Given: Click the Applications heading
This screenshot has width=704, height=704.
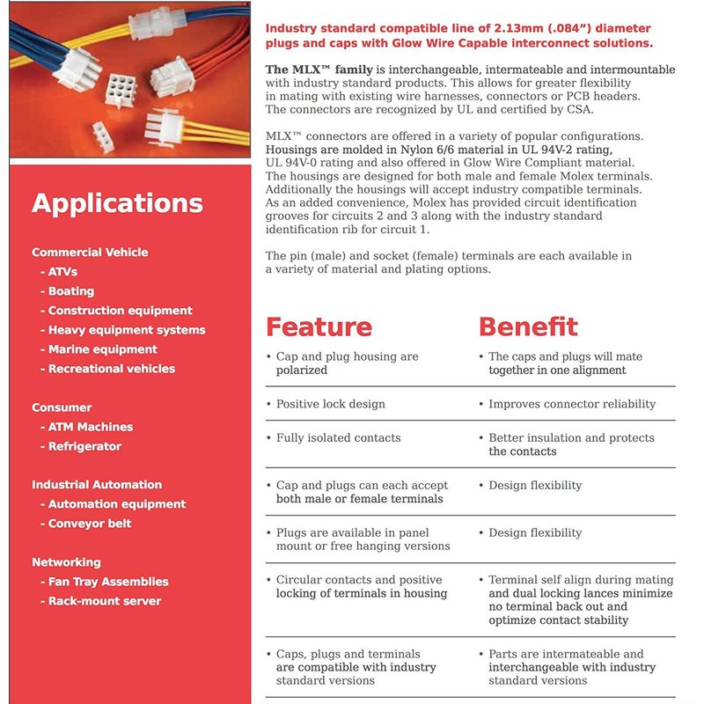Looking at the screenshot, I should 117,203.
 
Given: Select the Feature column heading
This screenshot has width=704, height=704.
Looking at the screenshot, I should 319,326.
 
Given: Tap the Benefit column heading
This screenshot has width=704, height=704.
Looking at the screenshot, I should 528,326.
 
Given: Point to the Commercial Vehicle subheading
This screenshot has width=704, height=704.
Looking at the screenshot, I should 90,253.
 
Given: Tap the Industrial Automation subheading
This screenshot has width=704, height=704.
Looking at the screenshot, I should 97,485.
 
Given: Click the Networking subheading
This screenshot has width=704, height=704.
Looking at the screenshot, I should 66,562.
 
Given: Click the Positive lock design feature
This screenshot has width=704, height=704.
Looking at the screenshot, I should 330,404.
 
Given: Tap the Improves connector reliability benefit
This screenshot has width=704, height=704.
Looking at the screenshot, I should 572,404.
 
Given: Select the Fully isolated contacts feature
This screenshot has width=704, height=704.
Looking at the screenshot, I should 338,437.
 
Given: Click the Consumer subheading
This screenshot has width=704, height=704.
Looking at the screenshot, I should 62,407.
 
